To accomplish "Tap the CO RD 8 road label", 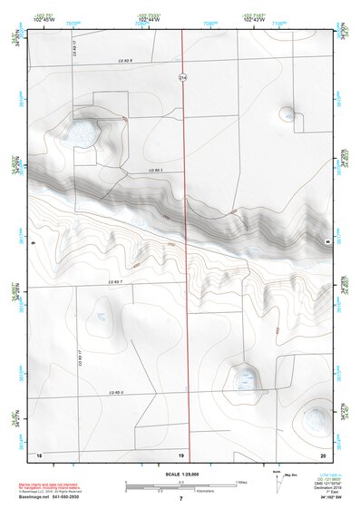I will (x=125, y=60).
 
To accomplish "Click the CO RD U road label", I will (x=116, y=391).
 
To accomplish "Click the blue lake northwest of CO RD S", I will (x=83, y=133).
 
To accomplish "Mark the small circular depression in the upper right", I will (x=287, y=114).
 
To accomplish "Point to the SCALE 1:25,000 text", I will (x=180, y=474).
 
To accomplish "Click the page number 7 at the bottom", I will (x=181, y=498).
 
